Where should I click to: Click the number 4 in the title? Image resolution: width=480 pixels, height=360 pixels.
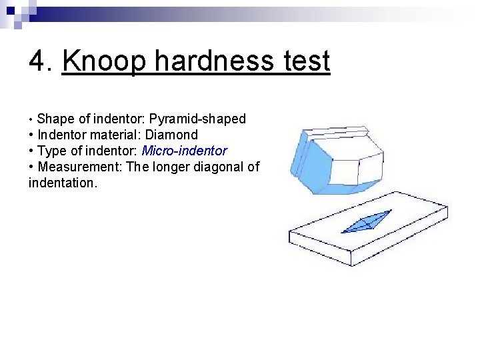37,61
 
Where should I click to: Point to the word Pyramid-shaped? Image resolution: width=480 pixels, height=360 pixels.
197,119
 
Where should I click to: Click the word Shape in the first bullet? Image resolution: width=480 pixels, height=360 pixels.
55,119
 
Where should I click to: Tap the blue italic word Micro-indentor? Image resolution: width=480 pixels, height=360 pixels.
184,151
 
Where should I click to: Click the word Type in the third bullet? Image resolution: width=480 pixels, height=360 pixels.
52,151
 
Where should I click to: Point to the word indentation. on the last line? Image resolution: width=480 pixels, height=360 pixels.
63,183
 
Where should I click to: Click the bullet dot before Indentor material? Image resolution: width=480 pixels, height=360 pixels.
31,135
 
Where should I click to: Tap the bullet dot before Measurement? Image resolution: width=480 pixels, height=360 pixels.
31,167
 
